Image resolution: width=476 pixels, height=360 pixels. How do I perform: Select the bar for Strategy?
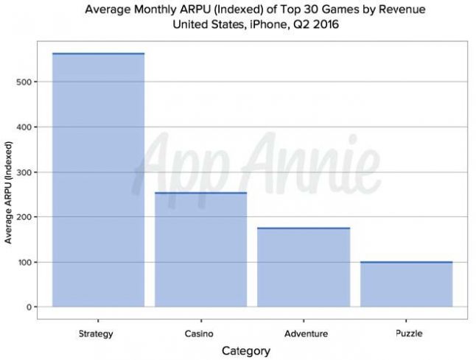(98, 180)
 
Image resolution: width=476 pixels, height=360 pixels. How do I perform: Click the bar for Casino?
(200, 250)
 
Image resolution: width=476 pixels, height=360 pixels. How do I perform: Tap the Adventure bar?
(304, 267)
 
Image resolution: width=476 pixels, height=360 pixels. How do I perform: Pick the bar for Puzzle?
(406, 284)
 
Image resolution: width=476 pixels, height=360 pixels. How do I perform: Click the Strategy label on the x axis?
(96, 334)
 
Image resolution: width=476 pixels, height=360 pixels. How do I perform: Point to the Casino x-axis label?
(200, 334)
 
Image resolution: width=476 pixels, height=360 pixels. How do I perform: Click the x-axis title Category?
(246, 350)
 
